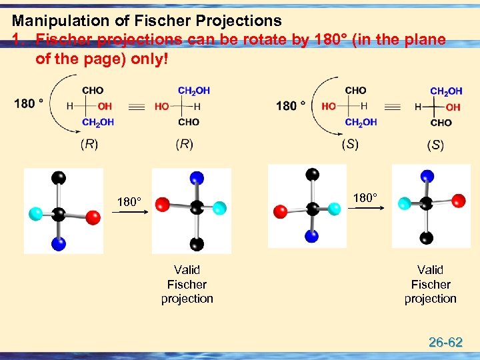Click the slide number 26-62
click(x=445, y=343)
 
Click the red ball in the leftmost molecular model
click(x=93, y=217)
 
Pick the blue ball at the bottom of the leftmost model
click(x=59, y=244)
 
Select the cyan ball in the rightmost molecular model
click(x=404, y=202)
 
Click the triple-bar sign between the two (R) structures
click(x=136, y=106)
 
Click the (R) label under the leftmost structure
click(x=89, y=144)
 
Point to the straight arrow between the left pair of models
click(x=128, y=211)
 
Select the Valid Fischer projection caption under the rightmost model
click(x=430, y=284)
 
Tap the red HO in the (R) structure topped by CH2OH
click(x=161, y=106)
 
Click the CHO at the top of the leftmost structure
click(x=93, y=90)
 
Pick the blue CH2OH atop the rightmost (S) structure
click(x=446, y=91)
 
